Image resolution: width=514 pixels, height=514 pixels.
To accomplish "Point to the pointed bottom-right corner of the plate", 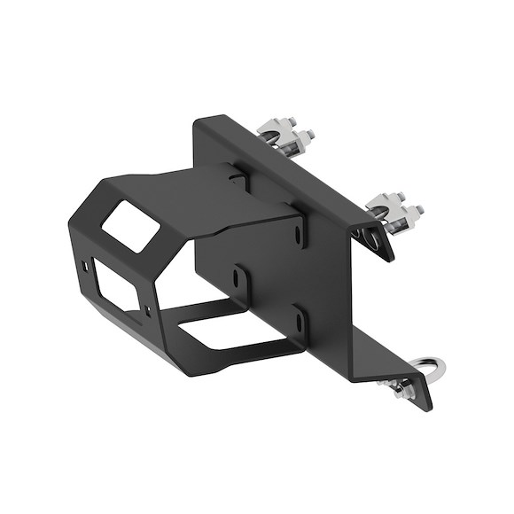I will click(x=431, y=409).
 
